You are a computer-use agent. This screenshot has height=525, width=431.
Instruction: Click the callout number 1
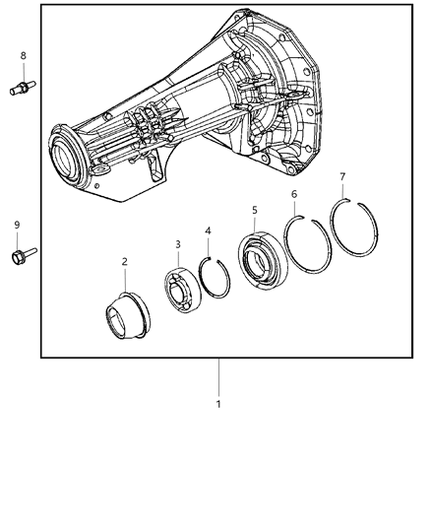click(218, 403)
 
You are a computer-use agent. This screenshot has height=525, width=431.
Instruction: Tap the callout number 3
click(177, 242)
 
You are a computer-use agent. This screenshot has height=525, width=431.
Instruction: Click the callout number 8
click(24, 56)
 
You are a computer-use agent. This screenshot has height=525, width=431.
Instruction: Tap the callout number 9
click(17, 225)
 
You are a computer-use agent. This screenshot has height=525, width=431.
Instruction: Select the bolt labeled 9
click(19, 257)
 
